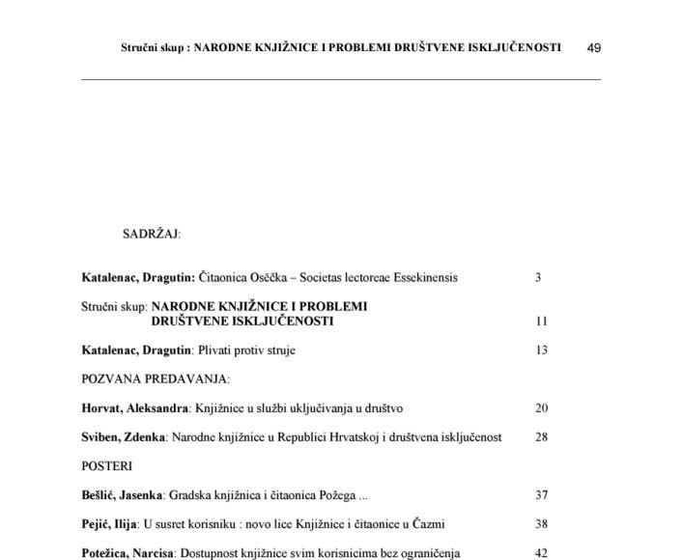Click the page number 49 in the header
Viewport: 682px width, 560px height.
tap(594, 47)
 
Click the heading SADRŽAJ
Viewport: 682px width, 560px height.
tap(152, 234)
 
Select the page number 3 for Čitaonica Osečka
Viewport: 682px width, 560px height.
tap(538, 278)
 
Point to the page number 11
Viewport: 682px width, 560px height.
tap(541, 322)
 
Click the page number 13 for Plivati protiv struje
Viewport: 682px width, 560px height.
tap(541, 350)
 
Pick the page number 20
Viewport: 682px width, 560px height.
tap(541, 408)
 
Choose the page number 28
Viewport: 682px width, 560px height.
tap(541, 437)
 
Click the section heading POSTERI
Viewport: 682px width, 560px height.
tap(107, 466)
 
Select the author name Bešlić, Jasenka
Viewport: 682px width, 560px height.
tap(122, 496)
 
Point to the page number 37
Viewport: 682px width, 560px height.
tap(541, 496)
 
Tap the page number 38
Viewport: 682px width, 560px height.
tap(541, 525)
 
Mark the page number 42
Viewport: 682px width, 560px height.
tap(541, 554)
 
